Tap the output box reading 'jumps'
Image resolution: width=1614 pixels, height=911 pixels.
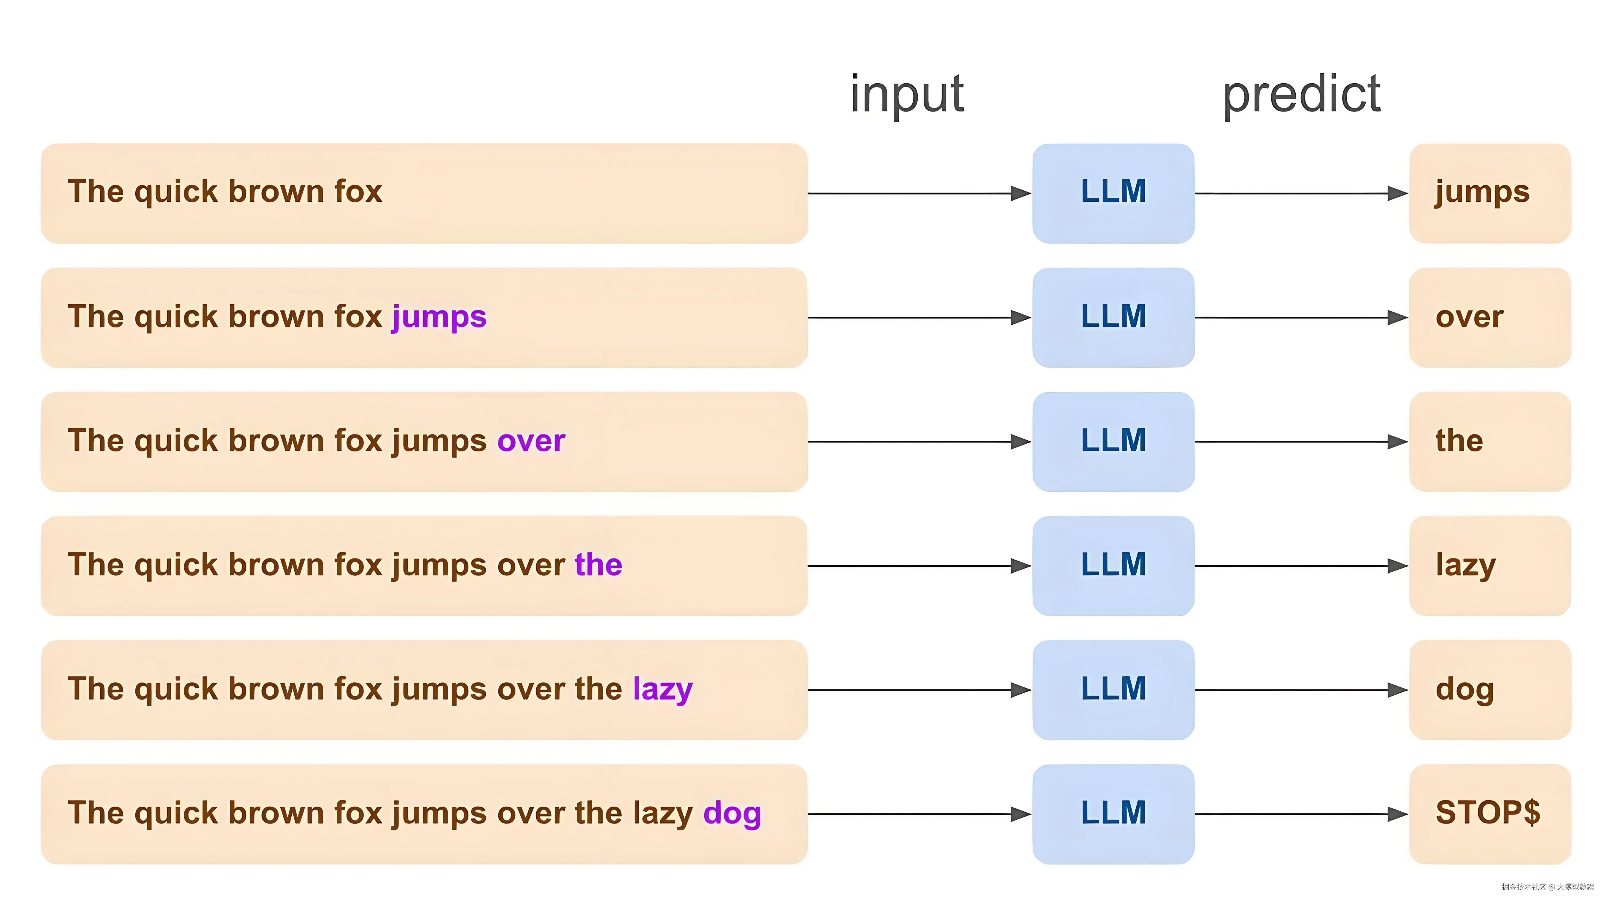click(1489, 193)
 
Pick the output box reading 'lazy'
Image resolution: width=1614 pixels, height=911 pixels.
click(1489, 566)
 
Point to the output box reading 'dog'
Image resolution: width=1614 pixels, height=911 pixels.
click(1489, 689)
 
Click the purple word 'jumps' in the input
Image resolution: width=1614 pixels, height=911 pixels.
click(439, 317)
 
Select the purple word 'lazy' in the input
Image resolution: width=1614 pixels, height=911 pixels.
click(662, 689)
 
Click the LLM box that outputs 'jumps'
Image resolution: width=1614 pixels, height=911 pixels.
click(1113, 193)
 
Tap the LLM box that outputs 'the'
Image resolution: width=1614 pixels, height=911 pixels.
click(1113, 441)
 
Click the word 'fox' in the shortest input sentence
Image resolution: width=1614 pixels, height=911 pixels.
click(358, 192)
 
